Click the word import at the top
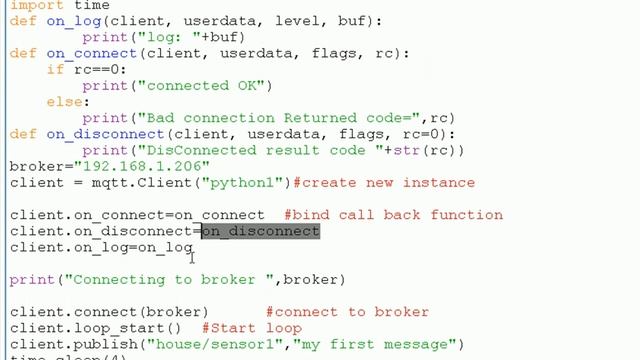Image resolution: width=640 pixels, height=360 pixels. coord(34,5)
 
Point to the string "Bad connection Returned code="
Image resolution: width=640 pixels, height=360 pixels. coord(277,118)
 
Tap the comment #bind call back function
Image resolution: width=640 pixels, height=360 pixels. coord(393,214)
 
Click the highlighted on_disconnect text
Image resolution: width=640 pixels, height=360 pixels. coord(260,230)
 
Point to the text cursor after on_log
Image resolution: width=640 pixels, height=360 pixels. coord(192,257)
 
